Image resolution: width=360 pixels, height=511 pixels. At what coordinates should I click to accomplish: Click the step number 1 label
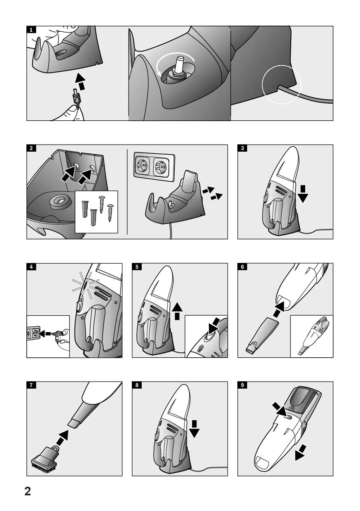tap(31, 30)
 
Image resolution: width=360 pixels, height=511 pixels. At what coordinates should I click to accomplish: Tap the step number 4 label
tap(31, 267)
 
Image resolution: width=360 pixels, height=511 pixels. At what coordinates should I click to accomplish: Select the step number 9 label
tap(242, 385)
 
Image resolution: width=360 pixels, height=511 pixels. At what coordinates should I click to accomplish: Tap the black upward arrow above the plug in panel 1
tap(80, 82)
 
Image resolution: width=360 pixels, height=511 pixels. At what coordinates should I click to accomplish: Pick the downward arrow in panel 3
tap(303, 194)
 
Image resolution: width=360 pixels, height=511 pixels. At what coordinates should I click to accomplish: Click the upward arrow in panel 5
tap(177, 312)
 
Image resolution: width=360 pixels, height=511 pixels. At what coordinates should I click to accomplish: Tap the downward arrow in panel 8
tap(194, 429)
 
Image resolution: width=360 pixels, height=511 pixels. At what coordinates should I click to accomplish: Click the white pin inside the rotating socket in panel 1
tap(180, 64)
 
